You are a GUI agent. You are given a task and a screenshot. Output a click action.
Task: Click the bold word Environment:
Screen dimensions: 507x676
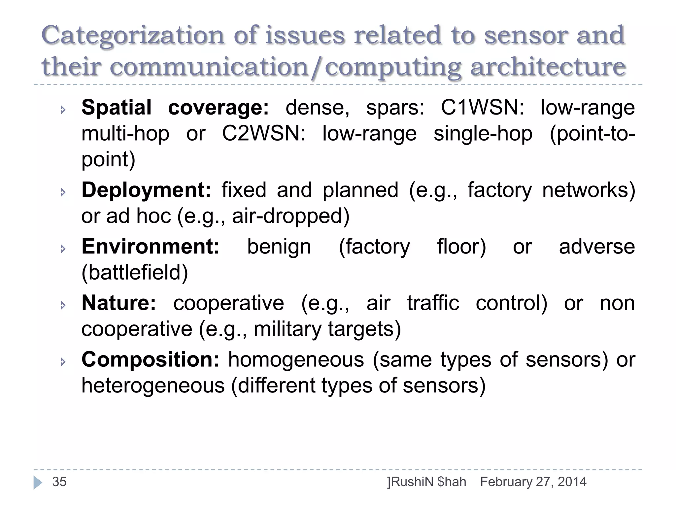click(151, 247)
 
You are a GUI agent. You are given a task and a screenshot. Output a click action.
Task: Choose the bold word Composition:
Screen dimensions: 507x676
click(151, 359)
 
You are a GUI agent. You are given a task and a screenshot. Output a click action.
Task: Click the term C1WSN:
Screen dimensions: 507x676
click(482, 108)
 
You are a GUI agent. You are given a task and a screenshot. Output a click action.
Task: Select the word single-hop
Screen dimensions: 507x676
click(483, 134)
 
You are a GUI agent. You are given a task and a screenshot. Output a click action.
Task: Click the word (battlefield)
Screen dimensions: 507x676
click(135, 273)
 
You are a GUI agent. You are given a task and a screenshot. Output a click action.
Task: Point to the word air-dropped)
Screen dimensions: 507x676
click(290, 216)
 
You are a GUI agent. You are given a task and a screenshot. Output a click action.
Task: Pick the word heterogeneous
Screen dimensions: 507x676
click(153, 386)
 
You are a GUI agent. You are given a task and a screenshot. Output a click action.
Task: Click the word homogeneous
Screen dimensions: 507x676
click(296, 359)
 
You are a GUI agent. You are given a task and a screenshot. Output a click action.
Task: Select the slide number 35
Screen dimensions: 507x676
click(59, 482)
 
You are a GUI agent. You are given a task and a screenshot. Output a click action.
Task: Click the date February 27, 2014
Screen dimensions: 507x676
click(533, 482)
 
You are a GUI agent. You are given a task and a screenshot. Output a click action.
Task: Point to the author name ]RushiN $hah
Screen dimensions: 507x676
click(426, 482)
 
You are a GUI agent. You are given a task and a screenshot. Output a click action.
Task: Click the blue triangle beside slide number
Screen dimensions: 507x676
click(38, 483)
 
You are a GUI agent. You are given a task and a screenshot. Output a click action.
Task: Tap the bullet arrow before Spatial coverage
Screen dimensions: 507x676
click(63, 110)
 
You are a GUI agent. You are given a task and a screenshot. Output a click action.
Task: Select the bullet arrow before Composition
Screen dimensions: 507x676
click(63, 362)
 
